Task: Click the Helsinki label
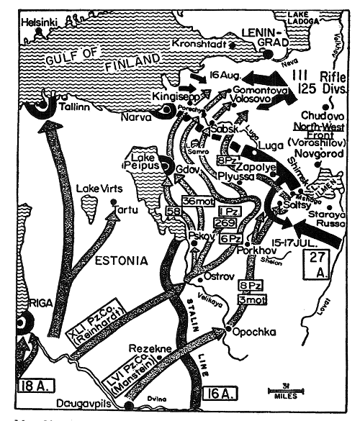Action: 39,23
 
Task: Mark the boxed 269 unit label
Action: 222,223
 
